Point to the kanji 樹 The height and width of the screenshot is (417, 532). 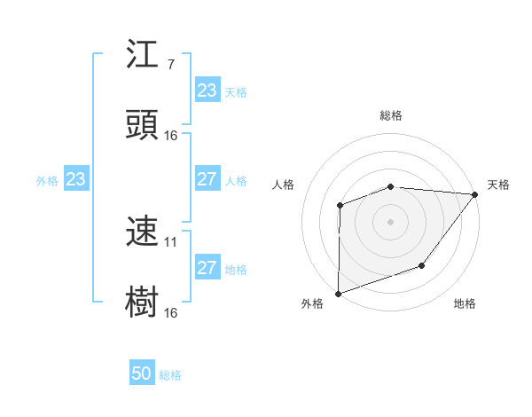(x=142, y=302)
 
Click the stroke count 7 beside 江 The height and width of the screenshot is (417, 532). (x=170, y=65)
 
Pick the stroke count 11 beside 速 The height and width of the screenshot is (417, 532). (x=171, y=241)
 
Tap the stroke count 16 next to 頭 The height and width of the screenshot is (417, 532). (x=171, y=135)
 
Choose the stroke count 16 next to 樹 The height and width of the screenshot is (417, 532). (x=171, y=312)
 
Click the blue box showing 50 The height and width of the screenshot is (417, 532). (x=142, y=374)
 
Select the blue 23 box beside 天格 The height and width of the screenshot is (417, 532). (x=207, y=90)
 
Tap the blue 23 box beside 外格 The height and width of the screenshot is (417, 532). (x=76, y=179)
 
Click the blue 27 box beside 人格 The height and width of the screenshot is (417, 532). (x=207, y=179)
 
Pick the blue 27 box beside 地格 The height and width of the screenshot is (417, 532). (x=207, y=268)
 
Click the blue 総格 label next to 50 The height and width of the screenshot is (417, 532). (x=170, y=375)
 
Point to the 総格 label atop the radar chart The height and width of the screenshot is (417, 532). (x=391, y=115)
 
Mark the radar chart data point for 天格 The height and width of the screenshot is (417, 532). (x=475, y=194)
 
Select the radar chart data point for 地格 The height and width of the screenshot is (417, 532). (x=423, y=265)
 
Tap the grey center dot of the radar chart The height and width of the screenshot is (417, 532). (x=390, y=221)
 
